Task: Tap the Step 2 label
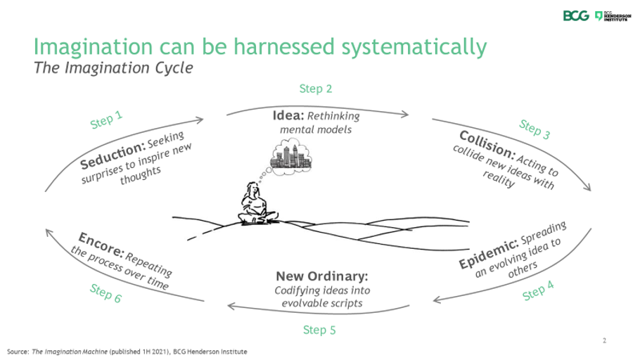[x=316, y=89]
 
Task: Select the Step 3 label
[x=535, y=128]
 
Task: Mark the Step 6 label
[x=106, y=292]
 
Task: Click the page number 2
[x=604, y=341]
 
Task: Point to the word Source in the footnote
[x=17, y=350]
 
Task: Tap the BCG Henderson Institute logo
[x=609, y=15]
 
